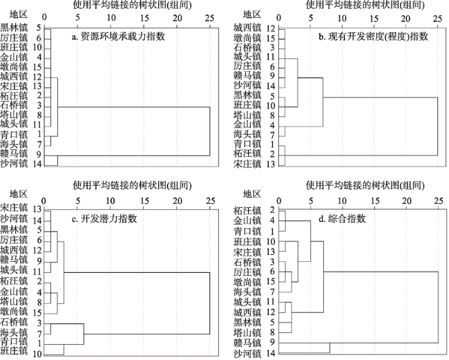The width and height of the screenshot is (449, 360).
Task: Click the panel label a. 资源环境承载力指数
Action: click(118, 37)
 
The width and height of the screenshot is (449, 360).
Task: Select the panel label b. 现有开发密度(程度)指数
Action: click(374, 37)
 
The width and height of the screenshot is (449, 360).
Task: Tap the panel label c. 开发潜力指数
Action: click(104, 219)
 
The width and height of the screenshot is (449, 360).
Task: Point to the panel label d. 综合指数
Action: click(342, 219)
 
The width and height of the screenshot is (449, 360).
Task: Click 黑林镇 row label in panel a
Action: click(14, 28)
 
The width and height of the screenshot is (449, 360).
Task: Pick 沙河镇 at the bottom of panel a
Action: click(14, 164)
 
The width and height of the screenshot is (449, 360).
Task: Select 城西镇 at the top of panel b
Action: click(247, 28)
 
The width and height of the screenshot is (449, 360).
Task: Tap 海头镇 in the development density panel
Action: click(247, 134)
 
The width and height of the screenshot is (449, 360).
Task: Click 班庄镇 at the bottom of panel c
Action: click(14, 351)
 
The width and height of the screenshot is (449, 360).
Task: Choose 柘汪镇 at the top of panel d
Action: click(247, 211)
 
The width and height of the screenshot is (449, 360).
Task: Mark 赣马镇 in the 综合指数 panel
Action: click(247, 342)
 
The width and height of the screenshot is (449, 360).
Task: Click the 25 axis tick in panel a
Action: click(210, 18)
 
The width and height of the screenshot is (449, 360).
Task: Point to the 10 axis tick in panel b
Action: click(342, 18)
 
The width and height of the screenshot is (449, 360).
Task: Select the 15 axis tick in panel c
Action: click(144, 200)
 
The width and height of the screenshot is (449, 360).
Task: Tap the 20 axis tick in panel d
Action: click(407, 200)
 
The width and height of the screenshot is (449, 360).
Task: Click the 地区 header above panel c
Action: click(19, 194)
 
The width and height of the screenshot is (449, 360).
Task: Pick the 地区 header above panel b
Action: click(252, 14)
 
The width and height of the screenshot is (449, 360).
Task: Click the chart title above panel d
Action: click(365, 186)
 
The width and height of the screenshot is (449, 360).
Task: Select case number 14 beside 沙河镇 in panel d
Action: click(270, 354)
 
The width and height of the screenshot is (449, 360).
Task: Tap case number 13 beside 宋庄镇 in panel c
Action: click(37, 209)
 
